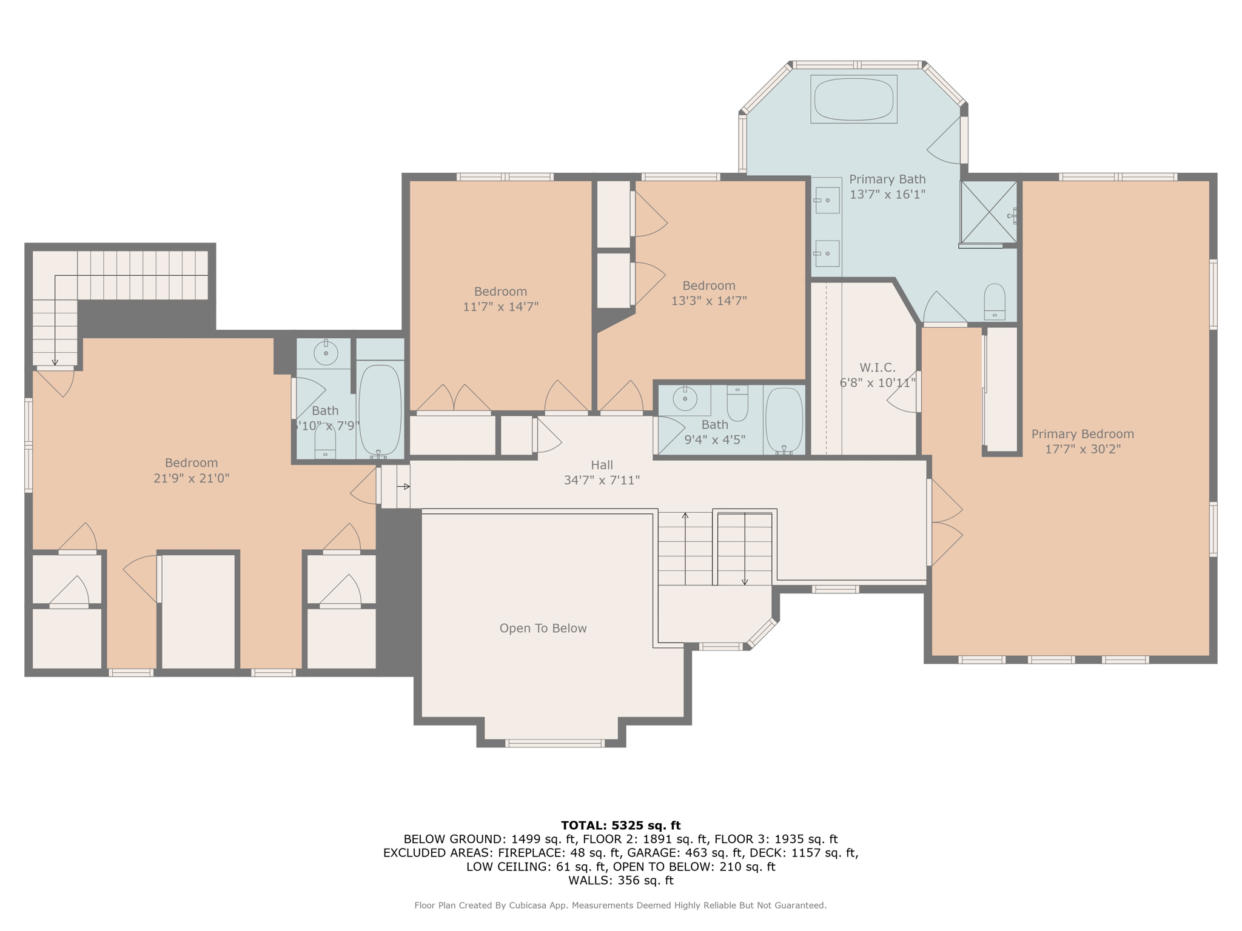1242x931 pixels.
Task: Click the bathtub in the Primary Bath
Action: click(x=853, y=99)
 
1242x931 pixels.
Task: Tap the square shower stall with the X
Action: click(x=989, y=212)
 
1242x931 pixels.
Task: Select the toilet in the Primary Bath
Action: click(x=994, y=301)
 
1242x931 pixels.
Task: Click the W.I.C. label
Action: click(x=877, y=367)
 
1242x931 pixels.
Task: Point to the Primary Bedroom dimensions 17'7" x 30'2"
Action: click(x=1083, y=449)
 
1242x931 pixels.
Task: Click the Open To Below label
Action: click(x=543, y=629)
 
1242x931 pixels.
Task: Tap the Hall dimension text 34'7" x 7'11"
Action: click(x=602, y=481)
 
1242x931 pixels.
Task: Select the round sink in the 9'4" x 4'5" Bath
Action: click(x=685, y=399)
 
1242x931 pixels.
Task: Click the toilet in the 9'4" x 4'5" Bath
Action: click(x=737, y=404)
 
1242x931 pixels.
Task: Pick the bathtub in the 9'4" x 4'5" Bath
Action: click(x=784, y=419)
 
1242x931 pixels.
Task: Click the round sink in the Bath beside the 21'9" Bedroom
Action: click(x=326, y=353)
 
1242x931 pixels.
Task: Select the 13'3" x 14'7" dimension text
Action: click(x=708, y=301)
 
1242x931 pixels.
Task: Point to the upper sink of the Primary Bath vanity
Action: click(x=827, y=200)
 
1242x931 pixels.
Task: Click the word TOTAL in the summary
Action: click(x=583, y=826)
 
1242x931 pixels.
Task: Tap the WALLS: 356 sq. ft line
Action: click(x=620, y=880)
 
